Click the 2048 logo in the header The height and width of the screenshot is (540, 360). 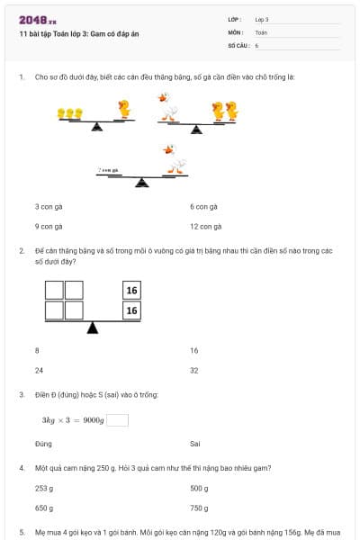tap(38, 19)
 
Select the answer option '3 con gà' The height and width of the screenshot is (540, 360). tap(49, 206)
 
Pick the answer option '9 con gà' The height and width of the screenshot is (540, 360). tap(49, 226)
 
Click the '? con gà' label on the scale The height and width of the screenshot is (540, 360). tap(109, 169)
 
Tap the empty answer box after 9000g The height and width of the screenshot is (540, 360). tap(117, 419)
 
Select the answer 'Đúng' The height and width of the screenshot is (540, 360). tap(43, 444)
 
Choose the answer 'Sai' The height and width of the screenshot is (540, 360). tap(195, 444)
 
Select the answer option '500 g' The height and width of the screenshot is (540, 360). tap(199, 489)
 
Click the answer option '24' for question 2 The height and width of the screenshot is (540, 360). tap(39, 370)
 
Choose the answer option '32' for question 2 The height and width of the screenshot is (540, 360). tap(193, 370)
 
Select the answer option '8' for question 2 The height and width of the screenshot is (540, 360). tap(37, 350)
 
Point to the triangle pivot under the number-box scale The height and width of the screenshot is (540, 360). tap(92, 328)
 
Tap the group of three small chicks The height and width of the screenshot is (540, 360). tap(70, 113)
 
